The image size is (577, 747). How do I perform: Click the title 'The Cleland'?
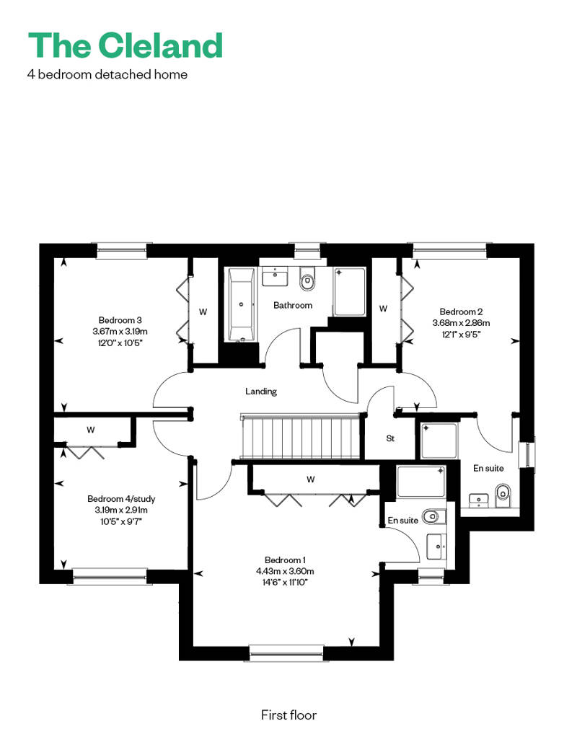point(125,45)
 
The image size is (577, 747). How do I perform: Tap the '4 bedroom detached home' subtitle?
point(107,74)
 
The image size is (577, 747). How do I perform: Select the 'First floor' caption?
point(288,715)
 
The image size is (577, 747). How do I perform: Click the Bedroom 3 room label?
point(120,320)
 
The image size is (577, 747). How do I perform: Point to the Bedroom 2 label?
point(461,311)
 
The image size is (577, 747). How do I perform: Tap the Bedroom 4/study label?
point(121,499)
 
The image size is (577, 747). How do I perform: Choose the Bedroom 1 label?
point(285,560)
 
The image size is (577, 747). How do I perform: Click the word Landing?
point(260,392)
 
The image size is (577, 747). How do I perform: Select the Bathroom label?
point(293,306)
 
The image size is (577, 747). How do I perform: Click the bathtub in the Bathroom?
point(241,305)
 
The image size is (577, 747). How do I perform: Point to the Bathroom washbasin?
point(275,277)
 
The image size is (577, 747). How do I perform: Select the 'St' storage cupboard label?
point(390,438)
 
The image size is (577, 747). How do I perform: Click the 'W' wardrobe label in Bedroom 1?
point(311,479)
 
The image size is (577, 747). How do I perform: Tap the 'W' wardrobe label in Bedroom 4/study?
point(91,430)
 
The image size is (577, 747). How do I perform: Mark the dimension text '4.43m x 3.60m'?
point(285,571)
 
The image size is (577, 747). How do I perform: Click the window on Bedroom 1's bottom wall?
point(286,653)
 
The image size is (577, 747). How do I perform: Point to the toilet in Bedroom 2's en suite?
point(503,496)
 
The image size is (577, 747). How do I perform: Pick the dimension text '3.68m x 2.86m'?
point(461,322)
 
